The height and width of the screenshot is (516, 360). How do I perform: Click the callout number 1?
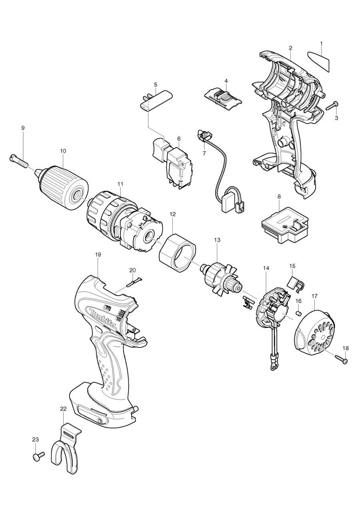click(x=321, y=43)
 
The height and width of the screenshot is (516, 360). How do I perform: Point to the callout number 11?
click(x=120, y=183)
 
